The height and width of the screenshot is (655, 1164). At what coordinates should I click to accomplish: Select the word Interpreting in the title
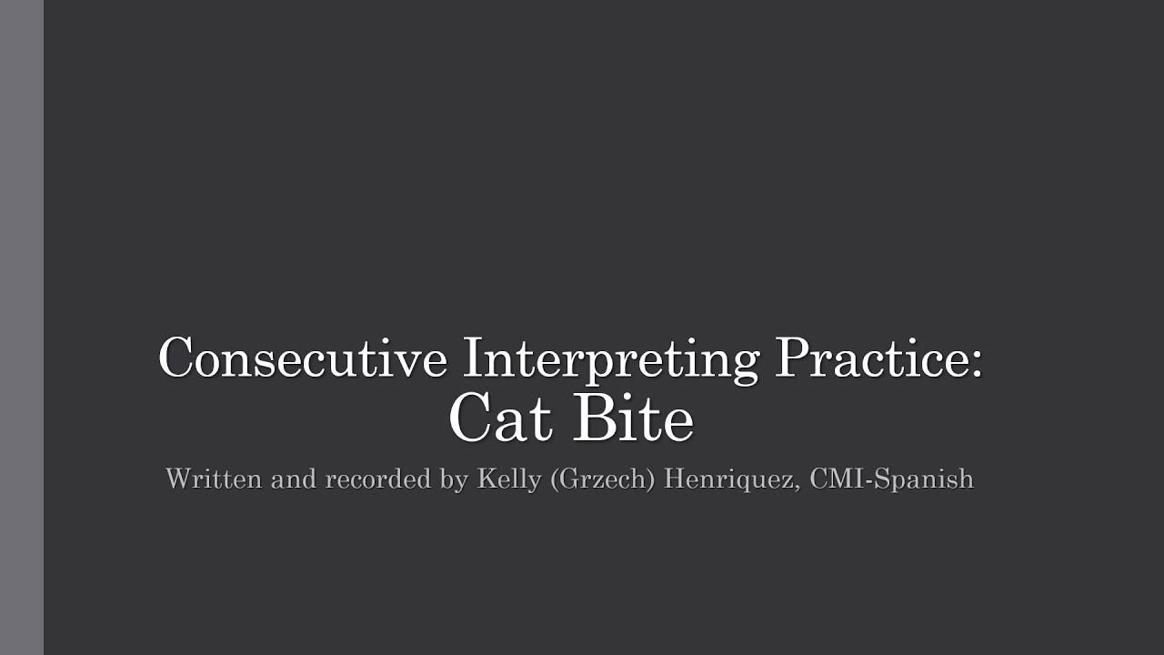point(610,358)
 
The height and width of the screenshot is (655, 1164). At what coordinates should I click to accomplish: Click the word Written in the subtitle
point(213,479)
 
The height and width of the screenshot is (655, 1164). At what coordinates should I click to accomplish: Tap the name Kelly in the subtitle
point(509,479)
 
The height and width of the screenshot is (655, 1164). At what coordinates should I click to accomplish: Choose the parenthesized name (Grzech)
point(602,479)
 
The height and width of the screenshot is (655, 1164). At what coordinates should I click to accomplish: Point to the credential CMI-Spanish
point(891,479)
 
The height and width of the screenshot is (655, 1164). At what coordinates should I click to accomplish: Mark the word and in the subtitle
point(293,479)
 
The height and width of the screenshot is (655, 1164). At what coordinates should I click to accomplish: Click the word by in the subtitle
point(455,479)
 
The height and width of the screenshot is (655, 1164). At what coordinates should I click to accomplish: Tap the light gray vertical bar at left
point(22,327)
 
